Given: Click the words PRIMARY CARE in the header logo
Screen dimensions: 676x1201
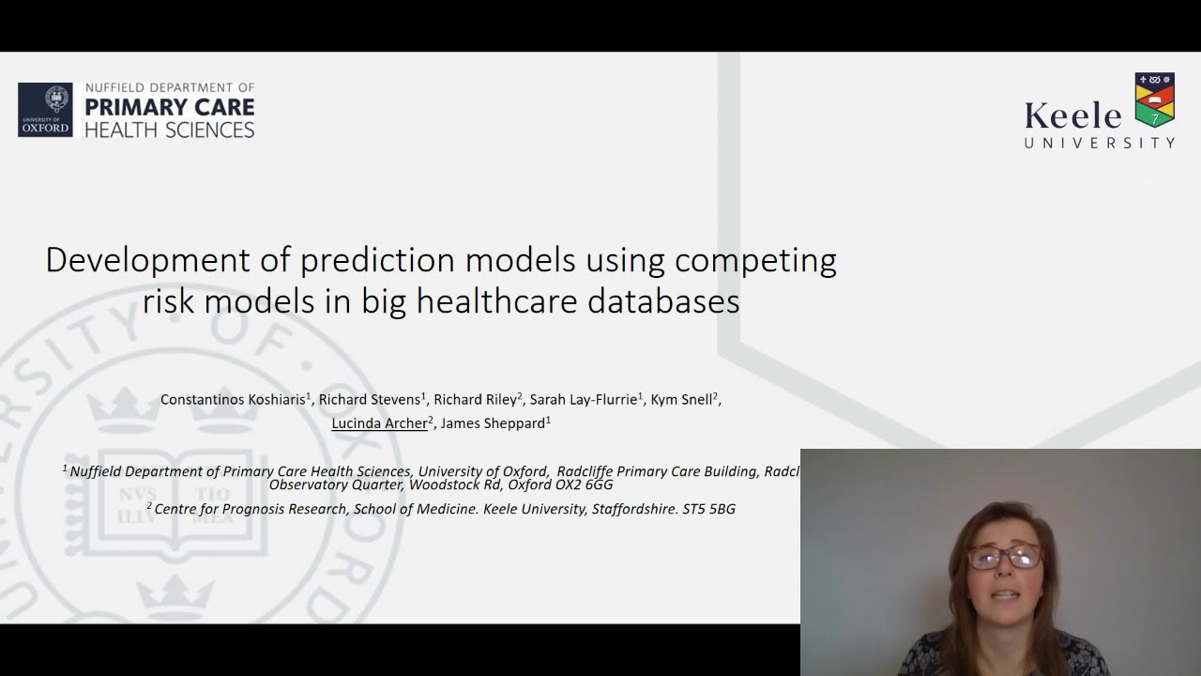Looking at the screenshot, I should (170, 107).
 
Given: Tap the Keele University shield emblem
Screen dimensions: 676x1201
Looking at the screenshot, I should (1154, 100).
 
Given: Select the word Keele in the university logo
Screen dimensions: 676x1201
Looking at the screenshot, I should (1072, 116).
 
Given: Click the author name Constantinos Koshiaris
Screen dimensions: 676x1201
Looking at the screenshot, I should (233, 400).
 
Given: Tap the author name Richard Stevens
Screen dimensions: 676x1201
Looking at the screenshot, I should (370, 400).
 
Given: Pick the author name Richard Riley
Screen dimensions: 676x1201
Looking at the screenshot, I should (475, 400).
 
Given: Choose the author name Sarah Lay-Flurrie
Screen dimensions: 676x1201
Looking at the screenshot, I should (583, 400).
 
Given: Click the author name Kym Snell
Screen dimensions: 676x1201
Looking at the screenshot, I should (681, 400).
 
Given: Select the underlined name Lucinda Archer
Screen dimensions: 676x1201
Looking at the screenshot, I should (379, 423).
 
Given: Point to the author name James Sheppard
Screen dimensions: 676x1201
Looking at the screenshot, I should (493, 423).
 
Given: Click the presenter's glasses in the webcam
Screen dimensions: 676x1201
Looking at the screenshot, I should (1004, 558).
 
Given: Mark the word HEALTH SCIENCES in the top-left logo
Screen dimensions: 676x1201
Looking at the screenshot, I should (170, 130).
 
